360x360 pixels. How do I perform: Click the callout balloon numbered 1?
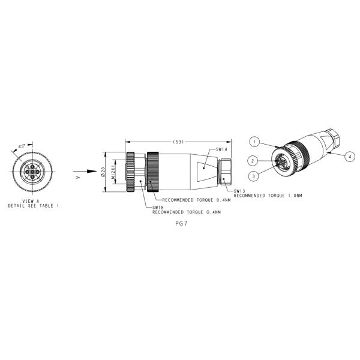pyautogui.click(x=255, y=142)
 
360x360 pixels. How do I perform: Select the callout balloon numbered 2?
pyautogui.click(x=255, y=161)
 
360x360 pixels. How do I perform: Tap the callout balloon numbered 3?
pyautogui.click(x=255, y=176)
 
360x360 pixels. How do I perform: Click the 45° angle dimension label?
pyautogui.click(x=22, y=146)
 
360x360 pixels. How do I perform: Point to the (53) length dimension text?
pyautogui.click(x=178, y=142)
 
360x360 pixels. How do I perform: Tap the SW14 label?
pyautogui.click(x=221, y=149)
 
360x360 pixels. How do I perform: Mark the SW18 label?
pyautogui.click(x=158, y=208)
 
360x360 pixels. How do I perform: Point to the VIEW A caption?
pyautogui.click(x=31, y=201)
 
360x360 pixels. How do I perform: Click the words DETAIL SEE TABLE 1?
pyautogui.click(x=34, y=206)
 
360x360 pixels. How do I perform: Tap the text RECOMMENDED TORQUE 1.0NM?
pyautogui.click(x=268, y=196)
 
